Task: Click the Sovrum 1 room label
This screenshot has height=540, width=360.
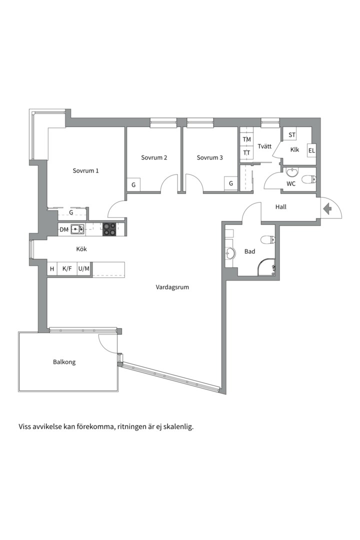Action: pos(85,170)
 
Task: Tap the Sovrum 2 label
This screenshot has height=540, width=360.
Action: pos(154,157)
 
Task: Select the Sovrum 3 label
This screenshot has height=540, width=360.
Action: pos(210,157)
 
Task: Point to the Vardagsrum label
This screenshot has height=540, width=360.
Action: pos(172,287)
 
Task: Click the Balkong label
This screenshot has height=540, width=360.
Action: pos(64,362)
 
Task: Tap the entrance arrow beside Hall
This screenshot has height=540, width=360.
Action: pos(327,208)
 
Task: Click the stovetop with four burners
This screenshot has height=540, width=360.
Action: pos(110,229)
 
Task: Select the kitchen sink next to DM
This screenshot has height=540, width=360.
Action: pos(77,228)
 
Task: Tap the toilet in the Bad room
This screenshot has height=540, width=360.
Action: pos(268,239)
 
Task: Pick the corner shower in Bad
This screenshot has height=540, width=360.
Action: pos(266,267)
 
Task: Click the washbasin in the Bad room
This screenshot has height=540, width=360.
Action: pos(230,253)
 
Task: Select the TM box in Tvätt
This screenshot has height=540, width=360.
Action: pos(246,139)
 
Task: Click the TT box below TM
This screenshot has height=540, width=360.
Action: pos(246,152)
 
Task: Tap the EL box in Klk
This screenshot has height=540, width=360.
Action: pos(312,150)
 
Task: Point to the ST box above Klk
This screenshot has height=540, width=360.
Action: pos(291,134)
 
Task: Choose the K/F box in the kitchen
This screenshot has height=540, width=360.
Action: pos(67,268)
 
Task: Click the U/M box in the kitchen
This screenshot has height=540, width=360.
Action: pos(83,268)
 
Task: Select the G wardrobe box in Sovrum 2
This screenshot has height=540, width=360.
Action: pos(133,185)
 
